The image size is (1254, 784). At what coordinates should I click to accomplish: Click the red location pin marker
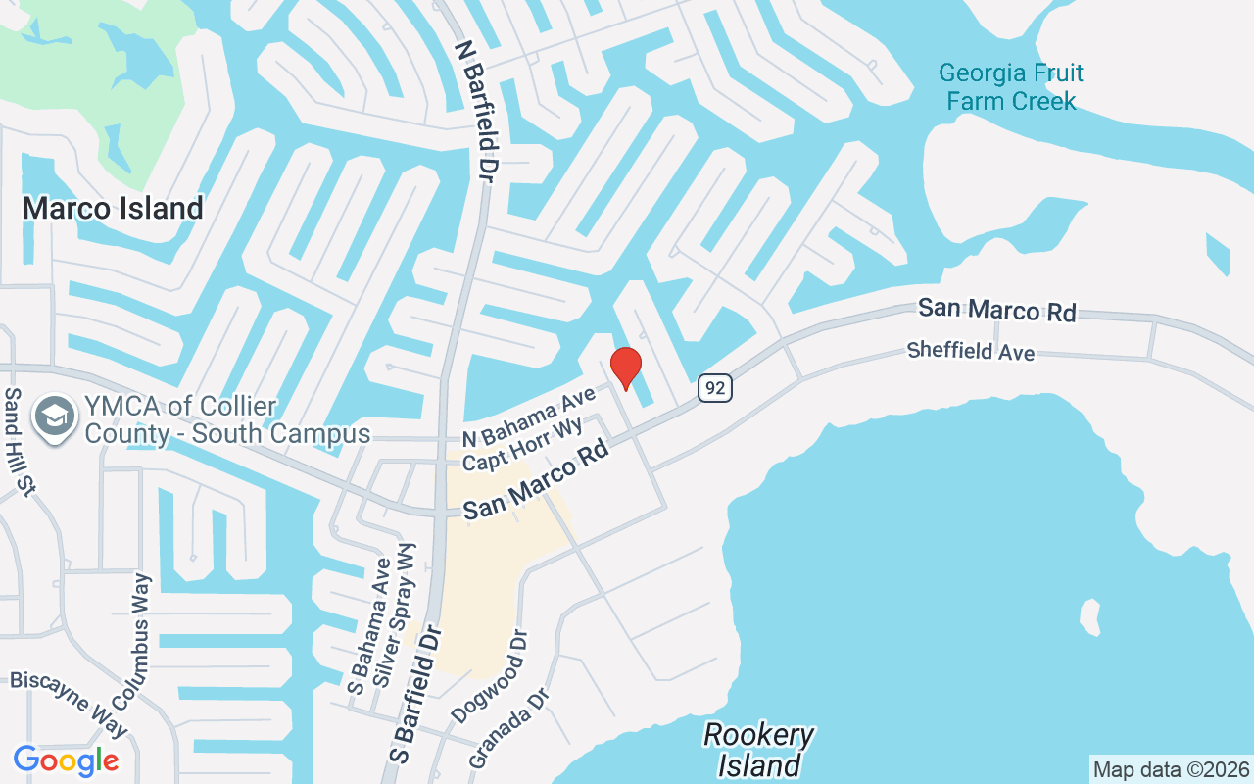coord(625,367)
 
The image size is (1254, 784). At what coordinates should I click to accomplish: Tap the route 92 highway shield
coord(716,388)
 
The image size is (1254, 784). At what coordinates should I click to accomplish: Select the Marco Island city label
coord(113,208)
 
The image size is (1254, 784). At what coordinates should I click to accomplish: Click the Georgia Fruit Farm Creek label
coord(1010,87)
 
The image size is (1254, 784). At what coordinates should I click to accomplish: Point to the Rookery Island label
coord(759,750)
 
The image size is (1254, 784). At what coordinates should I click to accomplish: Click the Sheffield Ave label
coord(970,350)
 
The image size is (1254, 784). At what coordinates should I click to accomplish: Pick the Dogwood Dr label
coord(490,676)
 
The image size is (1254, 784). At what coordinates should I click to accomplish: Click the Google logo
coord(66,759)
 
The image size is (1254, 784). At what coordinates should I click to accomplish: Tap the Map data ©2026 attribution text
coord(1172,769)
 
